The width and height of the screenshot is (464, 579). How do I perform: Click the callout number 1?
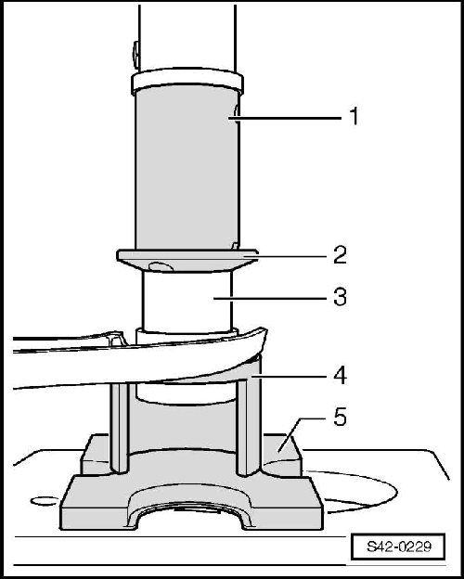[x=354, y=116]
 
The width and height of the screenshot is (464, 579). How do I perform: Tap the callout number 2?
[x=340, y=255]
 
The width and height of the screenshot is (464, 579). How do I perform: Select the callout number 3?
[x=340, y=296]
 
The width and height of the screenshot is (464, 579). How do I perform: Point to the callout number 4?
[x=340, y=376]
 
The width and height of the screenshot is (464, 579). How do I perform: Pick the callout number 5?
[x=340, y=418]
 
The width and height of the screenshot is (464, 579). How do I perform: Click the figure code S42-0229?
[x=398, y=547]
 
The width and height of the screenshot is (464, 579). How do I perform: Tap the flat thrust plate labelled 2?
[x=187, y=260]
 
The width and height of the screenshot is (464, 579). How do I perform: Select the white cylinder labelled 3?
[x=187, y=301]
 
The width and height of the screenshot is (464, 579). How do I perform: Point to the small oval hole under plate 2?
[x=161, y=266]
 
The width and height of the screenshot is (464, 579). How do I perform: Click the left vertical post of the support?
[x=120, y=429]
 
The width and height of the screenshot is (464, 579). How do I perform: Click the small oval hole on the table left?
[x=45, y=501]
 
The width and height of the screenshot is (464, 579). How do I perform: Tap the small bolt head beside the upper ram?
[x=136, y=55]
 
